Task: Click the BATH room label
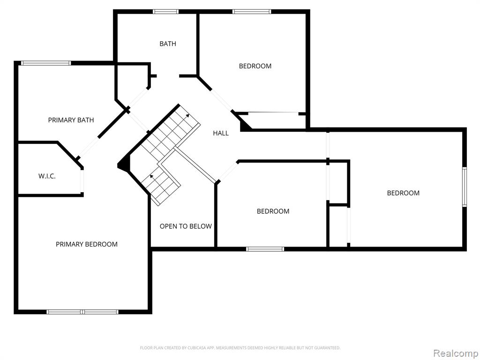tap(168, 44)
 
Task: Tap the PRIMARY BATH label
tap(71, 120)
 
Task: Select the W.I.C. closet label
tap(47, 176)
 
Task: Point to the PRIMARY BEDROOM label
tap(87, 244)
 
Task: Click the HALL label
tap(221, 133)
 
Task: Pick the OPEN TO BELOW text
tap(186, 226)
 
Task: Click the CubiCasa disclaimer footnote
tap(240, 348)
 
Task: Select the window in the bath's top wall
tap(165, 12)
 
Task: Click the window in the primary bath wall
tap(46, 63)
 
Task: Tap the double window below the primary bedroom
tap(82, 312)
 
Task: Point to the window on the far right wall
tap(465, 187)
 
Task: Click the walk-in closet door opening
tap(82, 181)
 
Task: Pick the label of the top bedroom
tap(255, 66)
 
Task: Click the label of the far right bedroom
tap(403, 193)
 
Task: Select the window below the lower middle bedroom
tap(265, 249)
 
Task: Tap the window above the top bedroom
tap(252, 12)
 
